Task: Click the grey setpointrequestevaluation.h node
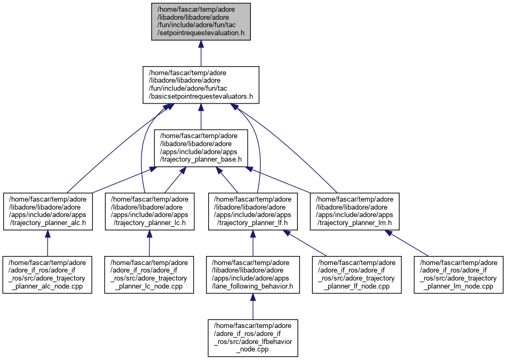(x=201, y=22)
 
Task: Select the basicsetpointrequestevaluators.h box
(x=201, y=85)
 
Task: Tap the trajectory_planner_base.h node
(x=201, y=148)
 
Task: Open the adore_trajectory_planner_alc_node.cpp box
(x=48, y=274)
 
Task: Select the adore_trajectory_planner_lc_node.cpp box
(x=149, y=274)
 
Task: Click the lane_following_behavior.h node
(x=253, y=274)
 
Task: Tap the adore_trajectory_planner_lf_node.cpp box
(x=357, y=274)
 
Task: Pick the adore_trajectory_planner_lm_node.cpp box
(x=459, y=274)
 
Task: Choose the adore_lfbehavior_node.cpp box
(x=253, y=338)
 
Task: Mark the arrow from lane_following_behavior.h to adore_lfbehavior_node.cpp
(x=253, y=306)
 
